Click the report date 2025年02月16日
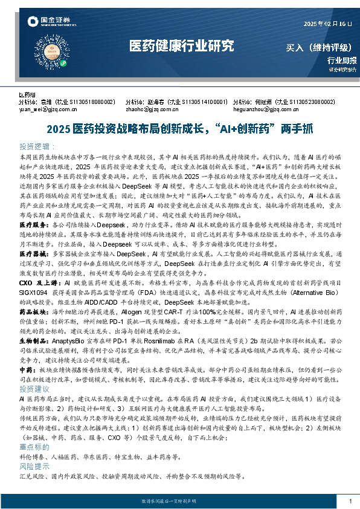327,24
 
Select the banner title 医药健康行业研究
182,45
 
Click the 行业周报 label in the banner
342,60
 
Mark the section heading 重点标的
34,446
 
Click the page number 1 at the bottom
350,501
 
